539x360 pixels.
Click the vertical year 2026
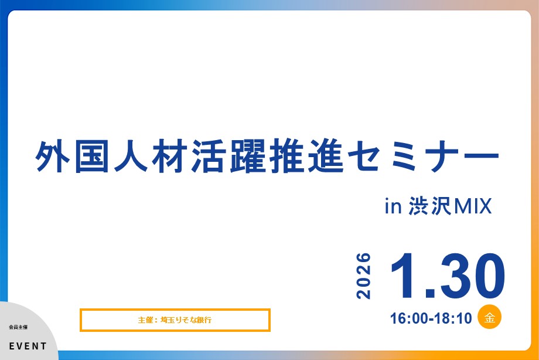tap(364, 276)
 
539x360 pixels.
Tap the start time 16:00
tap(408, 319)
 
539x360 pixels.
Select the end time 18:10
tap(453, 319)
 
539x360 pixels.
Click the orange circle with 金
tap(490, 318)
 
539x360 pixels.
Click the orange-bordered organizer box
tap(175, 320)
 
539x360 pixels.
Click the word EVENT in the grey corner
tap(28, 346)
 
